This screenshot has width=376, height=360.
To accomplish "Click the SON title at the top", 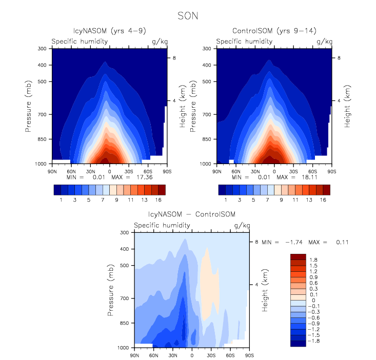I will coord(188,16).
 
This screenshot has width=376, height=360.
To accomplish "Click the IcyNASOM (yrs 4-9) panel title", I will coord(109,32).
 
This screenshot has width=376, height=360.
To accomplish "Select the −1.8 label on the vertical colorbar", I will coord(313,340).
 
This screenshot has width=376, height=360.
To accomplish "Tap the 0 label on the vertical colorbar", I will coord(311,300).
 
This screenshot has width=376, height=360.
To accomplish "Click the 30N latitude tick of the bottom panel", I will coord(173,355).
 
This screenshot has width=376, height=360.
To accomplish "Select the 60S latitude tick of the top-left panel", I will coord(147,171).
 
